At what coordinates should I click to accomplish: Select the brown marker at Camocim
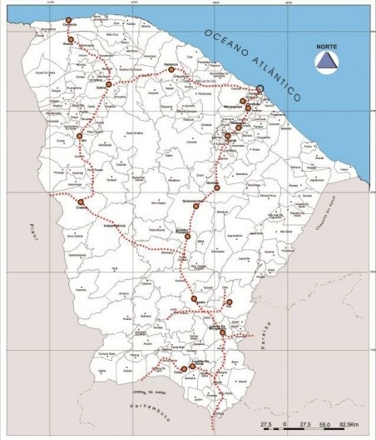[68, 20]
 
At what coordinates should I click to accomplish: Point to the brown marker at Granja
[71, 39]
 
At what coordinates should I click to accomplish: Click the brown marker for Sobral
[108, 84]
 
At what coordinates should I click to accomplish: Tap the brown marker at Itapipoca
[171, 70]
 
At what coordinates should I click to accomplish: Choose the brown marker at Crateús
[82, 202]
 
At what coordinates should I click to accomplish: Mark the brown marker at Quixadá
[217, 188]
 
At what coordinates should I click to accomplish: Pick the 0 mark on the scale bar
[285, 426]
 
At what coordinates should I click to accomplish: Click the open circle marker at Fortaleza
[260, 88]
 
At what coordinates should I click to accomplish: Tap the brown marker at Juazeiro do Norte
[192, 366]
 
